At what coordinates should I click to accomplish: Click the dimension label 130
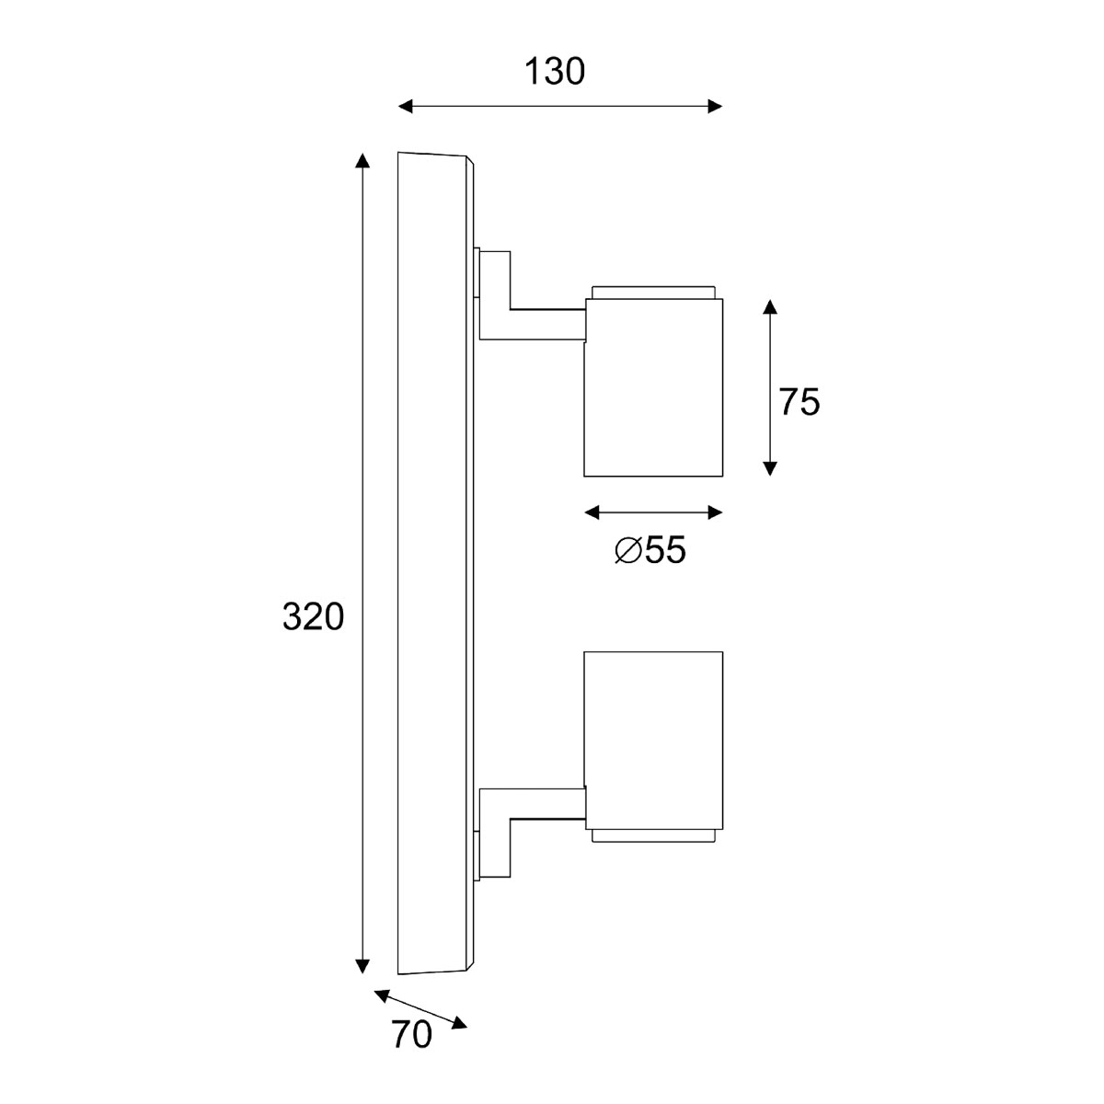click(x=555, y=72)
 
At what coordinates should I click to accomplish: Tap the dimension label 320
click(x=313, y=617)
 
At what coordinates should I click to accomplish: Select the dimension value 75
click(x=799, y=402)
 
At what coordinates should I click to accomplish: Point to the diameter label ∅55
click(x=650, y=550)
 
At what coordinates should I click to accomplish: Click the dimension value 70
click(x=411, y=1036)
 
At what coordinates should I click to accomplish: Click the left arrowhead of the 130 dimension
click(x=406, y=108)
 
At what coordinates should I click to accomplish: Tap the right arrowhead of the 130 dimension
click(x=715, y=108)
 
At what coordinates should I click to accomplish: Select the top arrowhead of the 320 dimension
click(x=362, y=161)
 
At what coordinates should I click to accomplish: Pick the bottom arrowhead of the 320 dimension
click(x=362, y=965)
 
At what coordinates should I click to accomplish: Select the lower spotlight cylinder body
click(x=653, y=736)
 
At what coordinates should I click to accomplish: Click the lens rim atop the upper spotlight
click(x=653, y=293)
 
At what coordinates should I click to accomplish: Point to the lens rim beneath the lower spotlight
click(x=653, y=834)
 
